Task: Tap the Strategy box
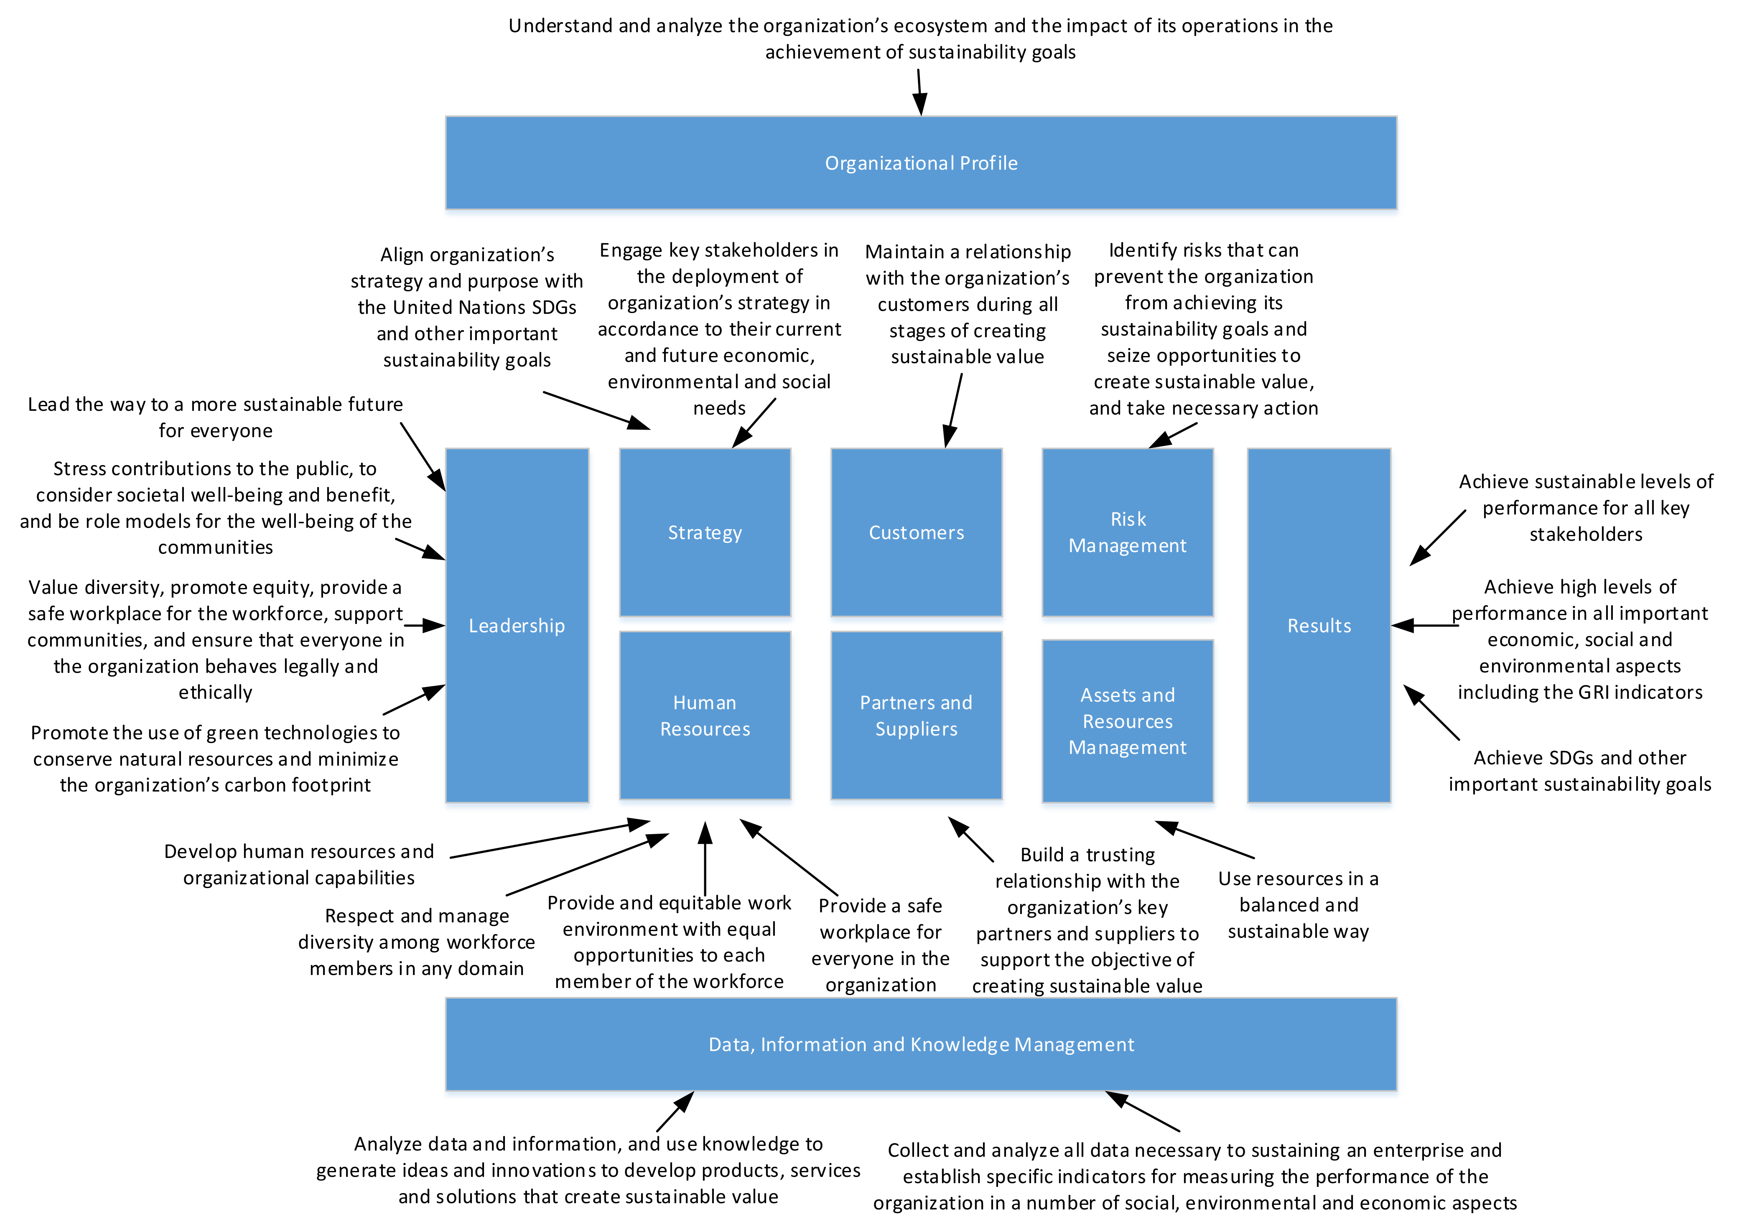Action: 705,532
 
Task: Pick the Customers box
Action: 916,532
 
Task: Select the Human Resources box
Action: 705,715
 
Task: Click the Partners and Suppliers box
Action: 916,715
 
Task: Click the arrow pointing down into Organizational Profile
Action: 919,92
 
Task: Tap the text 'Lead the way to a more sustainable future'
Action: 215,405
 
